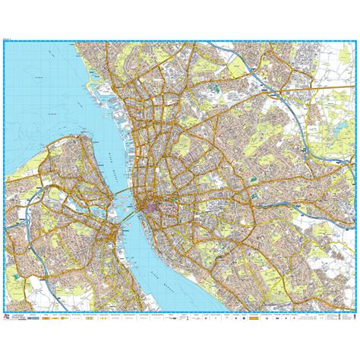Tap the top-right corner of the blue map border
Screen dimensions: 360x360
355,42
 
